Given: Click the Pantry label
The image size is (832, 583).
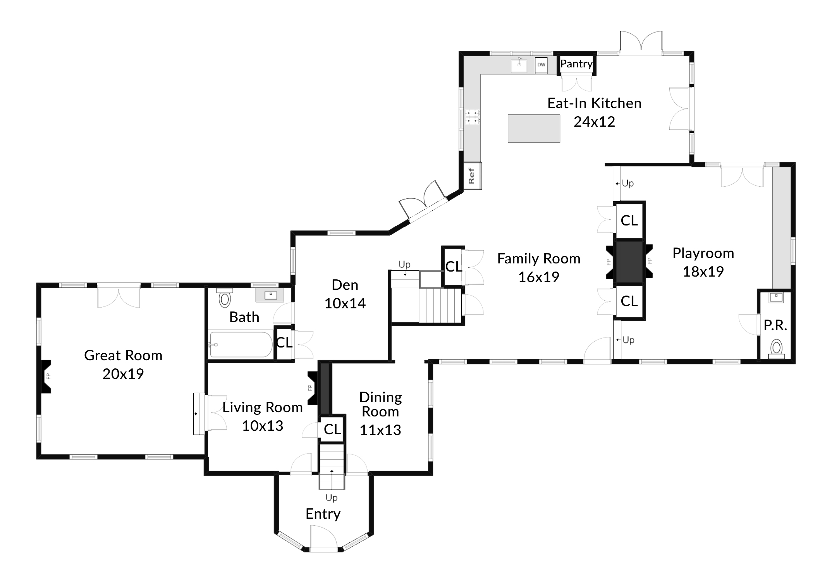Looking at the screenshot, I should (x=576, y=64).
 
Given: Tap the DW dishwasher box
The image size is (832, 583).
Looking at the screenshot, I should (x=541, y=65).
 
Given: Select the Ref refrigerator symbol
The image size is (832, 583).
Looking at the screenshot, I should (x=472, y=176).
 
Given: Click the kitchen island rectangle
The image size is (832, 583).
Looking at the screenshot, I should (x=533, y=129).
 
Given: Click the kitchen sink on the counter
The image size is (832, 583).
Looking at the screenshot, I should (x=519, y=65).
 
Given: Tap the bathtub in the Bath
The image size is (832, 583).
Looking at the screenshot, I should (x=241, y=344).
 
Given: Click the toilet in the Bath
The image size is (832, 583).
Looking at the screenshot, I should (x=225, y=298).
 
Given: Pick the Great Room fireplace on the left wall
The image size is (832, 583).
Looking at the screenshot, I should (x=46, y=376).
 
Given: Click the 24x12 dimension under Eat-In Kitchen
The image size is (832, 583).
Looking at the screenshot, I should (x=594, y=122).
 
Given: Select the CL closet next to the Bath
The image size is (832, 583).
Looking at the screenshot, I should (x=284, y=342).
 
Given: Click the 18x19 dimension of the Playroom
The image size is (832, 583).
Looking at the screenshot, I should (x=703, y=272).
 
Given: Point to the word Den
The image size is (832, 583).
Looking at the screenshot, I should (x=345, y=285).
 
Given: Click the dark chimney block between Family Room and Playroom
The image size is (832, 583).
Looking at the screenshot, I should (x=629, y=262).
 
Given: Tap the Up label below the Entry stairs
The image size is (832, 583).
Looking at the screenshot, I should (x=331, y=497).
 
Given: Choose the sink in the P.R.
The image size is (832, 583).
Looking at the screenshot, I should (x=776, y=298).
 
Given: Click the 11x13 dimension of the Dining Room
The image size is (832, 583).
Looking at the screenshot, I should (x=380, y=430).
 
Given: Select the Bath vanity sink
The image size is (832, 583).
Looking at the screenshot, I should (x=270, y=296).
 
